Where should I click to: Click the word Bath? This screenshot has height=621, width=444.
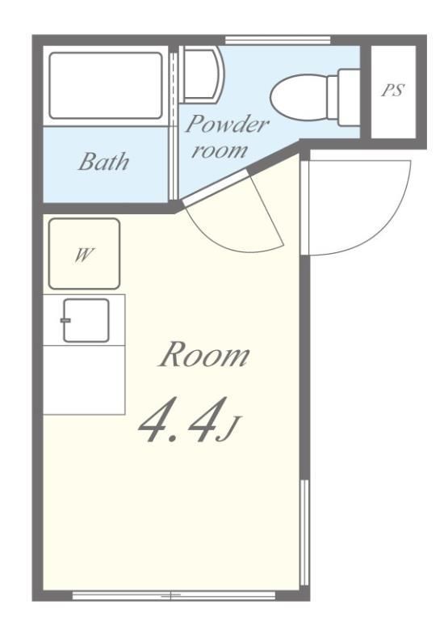click(103, 162)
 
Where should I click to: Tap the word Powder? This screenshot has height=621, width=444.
click(227, 124)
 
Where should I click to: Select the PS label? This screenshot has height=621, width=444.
click(392, 91)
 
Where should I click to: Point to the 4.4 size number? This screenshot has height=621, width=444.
click(178, 420)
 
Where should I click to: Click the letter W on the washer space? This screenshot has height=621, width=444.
click(84, 255)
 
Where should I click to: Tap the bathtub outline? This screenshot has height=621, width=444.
click(106, 86)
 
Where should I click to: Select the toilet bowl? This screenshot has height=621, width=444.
click(299, 97)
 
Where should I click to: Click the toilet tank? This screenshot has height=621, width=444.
click(349, 97)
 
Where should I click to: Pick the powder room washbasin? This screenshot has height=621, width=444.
click(200, 74)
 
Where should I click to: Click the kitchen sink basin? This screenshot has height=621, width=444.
click(86, 320)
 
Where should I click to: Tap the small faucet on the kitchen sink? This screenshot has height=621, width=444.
click(65, 320)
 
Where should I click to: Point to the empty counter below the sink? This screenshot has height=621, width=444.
click(84, 380)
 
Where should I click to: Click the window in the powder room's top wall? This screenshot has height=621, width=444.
click(278, 40)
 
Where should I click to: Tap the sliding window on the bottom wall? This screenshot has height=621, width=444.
click(174, 595)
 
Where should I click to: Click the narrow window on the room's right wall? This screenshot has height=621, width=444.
click(304, 532)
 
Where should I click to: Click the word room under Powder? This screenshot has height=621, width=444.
click(220, 151)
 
